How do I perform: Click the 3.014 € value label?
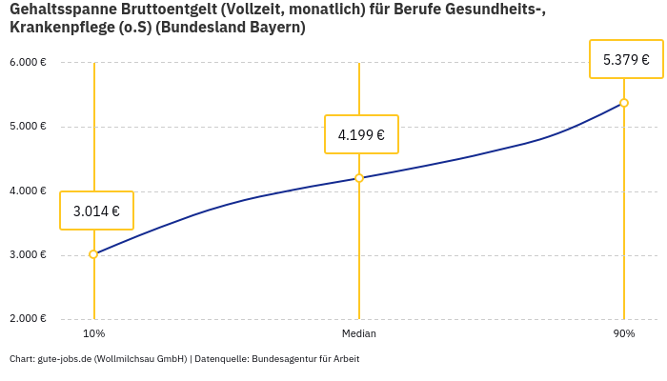click(96, 211)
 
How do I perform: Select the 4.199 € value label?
click(361, 134)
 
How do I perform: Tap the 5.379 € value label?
click(626, 59)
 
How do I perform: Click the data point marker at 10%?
click(93, 254)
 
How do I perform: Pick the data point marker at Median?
click(359, 178)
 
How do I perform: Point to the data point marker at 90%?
click(624, 103)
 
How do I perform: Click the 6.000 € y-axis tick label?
click(28, 63)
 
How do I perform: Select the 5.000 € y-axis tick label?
click(28, 127)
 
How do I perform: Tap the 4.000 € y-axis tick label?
click(28, 190)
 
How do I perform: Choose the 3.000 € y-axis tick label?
click(28, 254)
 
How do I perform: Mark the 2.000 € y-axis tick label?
click(28, 318)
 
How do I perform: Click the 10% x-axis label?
click(93, 333)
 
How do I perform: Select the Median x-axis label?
click(359, 333)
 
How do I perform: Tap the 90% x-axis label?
click(624, 333)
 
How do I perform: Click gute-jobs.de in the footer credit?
click(65, 359)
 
